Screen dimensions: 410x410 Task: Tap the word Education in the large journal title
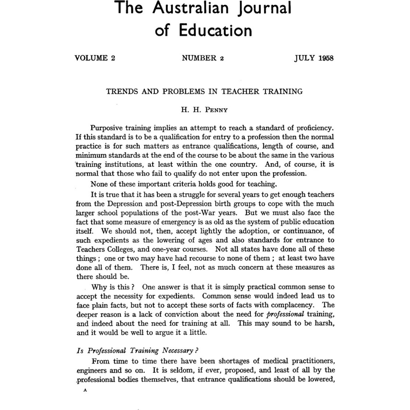pos(215,31)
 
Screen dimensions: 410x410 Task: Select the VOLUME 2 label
pos(95,58)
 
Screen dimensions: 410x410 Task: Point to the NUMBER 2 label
pos(203,58)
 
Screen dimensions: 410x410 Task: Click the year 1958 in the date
pos(326,58)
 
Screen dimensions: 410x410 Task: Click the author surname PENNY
pos(216,110)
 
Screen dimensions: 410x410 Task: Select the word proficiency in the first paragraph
pos(313,128)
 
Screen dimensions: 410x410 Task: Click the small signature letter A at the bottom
pos(85,391)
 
